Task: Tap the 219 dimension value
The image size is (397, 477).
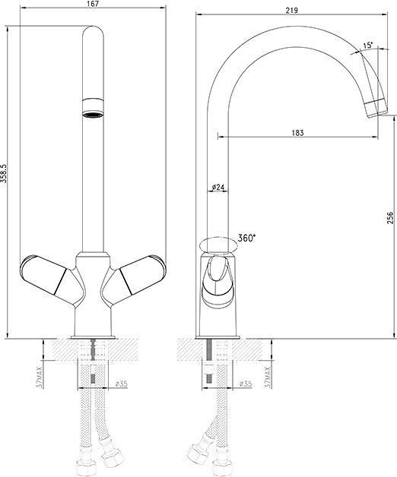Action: [x=291, y=11]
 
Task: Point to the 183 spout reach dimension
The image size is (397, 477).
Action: [x=297, y=133]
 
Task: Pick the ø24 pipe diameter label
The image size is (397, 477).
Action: [x=218, y=187]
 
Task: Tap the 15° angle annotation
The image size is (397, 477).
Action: [x=367, y=46]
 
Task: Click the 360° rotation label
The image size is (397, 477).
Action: [x=246, y=238]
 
